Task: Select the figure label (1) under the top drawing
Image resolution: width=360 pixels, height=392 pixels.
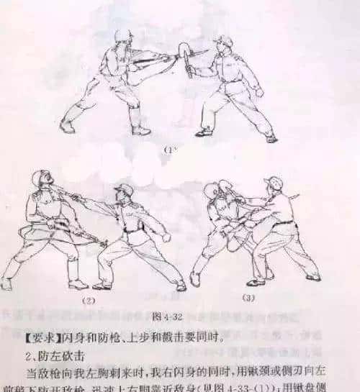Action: coord(170,150)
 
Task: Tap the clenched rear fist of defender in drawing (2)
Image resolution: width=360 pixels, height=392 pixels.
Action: coord(167,237)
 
